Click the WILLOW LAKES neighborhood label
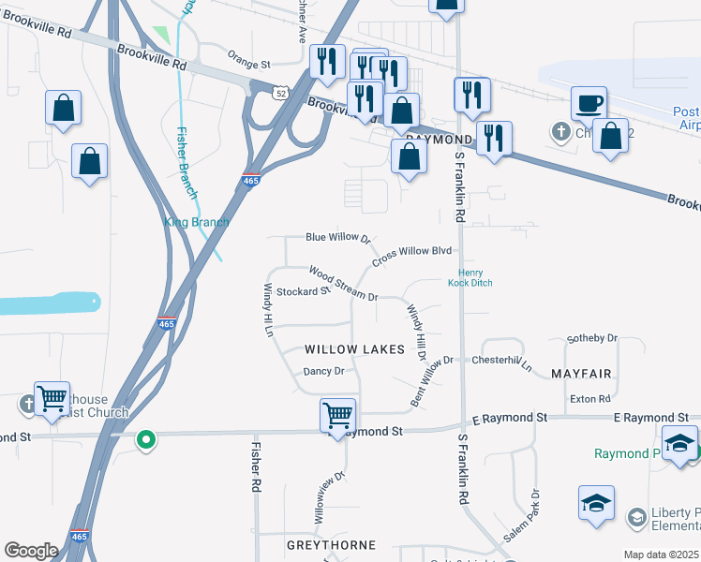[354, 349]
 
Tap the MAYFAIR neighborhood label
[581, 374]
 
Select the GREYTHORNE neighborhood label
[331, 544]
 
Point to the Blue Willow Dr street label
[339, 239]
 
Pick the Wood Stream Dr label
[342, 284]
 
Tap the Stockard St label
[303, 291]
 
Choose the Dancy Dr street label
[324, 371]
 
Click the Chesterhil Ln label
[501, 362]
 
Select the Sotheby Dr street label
[593, 337]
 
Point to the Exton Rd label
[590, 399]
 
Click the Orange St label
[248, 65]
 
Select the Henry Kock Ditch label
[470, 277]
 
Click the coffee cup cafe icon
[589, 102]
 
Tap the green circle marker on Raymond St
[145, 438]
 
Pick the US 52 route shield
[281, 93]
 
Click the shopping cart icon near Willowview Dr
[337, 413]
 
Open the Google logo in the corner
[31, 551]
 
